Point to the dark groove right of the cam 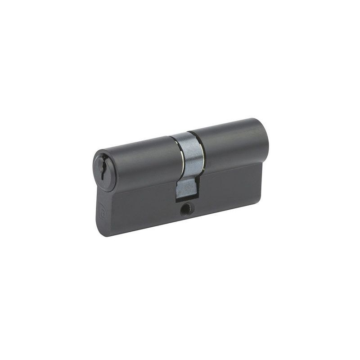202,151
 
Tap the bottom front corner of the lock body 100,233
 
